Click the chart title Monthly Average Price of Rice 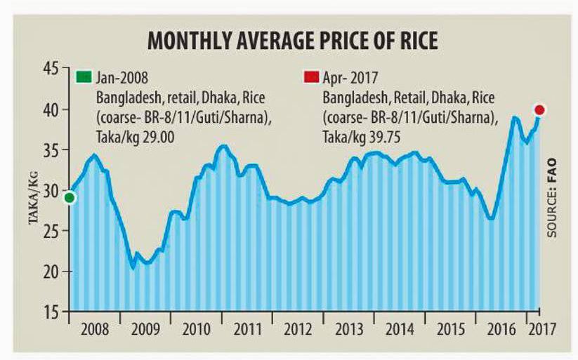click(292, 41)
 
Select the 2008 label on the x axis click(94, 329)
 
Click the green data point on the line click(69, 198)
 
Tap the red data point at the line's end click(539, 109)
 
